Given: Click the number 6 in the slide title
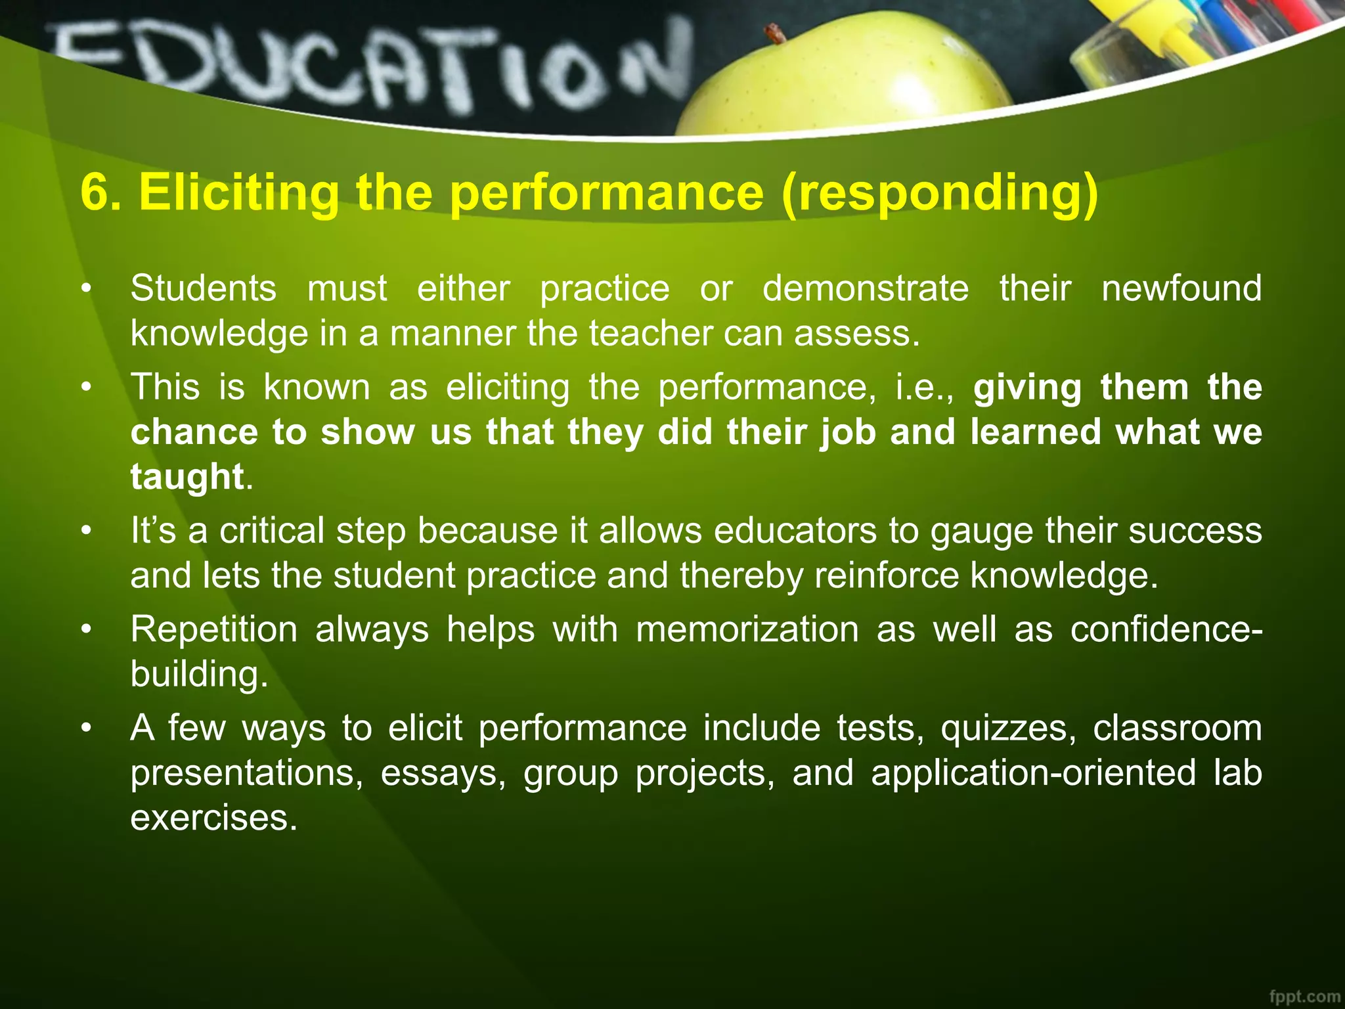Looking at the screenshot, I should [x=94, y=192].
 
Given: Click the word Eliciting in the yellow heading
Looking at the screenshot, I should [x=238, y=192].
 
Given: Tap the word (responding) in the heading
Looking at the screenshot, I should [x=940, y=192].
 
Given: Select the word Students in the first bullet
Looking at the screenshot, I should [x=204, y=288].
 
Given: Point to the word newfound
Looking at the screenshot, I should [x=1181, y=288].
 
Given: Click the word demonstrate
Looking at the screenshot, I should [x=866, y=288].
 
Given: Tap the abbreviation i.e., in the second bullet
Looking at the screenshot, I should [x=924, y=387].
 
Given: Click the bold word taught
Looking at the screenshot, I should [x=187, y=476].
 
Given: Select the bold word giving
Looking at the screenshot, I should [x=1027, y=387].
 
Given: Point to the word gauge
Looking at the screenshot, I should [x=981, y=531].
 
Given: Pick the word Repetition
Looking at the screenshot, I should [x=214, y=629].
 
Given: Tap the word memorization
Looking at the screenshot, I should [x=747, y=629].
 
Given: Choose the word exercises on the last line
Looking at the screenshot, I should [x=213, y=818].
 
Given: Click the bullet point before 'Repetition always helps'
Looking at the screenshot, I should [x=85, y=629].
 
